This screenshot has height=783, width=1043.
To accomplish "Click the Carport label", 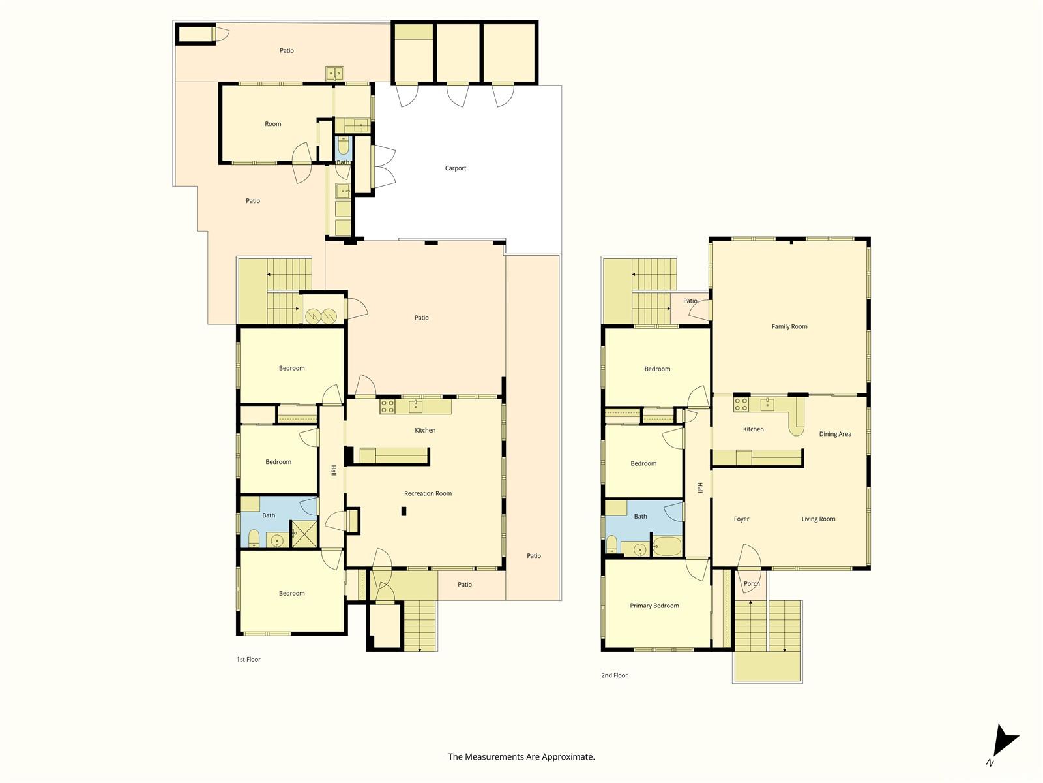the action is pos(455,168).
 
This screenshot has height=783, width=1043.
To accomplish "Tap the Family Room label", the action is pos(789,327).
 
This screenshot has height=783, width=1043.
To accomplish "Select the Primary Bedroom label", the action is pos(654,606).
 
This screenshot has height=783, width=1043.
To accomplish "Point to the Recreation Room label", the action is pos(428,493).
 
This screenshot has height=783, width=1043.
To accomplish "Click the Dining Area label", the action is pos(835,434).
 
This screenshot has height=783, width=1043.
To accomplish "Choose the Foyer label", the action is pos(741,519).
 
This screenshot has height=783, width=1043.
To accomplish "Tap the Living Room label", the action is pos(818,519).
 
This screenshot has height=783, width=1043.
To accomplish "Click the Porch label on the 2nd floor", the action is pos(752,584).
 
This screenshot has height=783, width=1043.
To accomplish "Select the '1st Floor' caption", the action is pos(248,660).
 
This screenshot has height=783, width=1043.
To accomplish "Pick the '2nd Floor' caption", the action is pos(615,675).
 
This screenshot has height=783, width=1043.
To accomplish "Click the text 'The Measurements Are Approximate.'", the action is pos(521,756).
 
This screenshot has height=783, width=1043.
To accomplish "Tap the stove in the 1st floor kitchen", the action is pos(387,407).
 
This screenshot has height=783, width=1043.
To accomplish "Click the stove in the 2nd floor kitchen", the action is pos(741,405).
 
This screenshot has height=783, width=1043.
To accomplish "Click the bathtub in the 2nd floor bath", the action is pos(667,546).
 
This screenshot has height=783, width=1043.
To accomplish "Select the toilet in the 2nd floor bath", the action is pos(611,544).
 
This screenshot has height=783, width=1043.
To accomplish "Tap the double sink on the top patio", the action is pos(334,74).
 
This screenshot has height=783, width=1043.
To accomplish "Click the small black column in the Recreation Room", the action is pos(404,512).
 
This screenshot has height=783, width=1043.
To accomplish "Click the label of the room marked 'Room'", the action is pos(272,124).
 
